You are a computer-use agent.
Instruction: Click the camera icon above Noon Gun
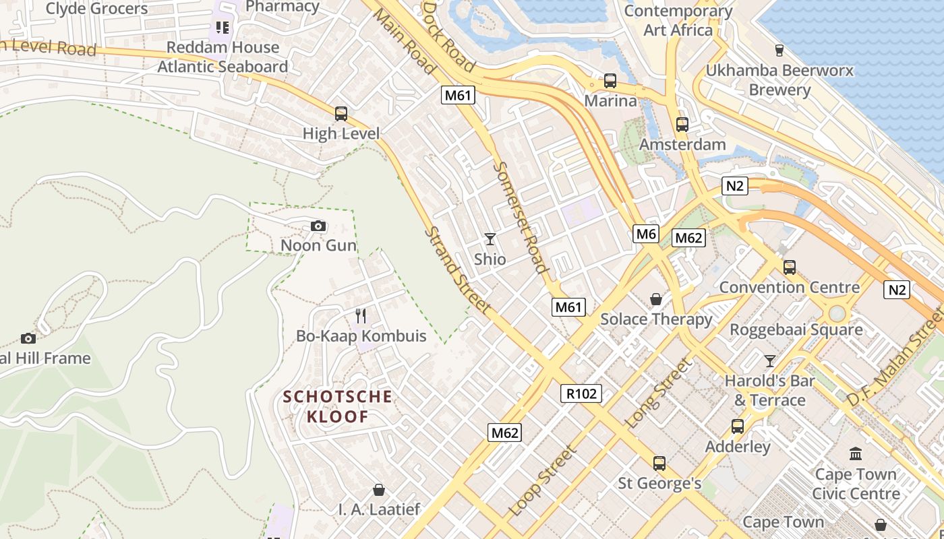tap(318, 226)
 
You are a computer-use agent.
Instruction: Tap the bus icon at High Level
tap(341, 114)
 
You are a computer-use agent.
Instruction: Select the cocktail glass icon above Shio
tap(490, 239)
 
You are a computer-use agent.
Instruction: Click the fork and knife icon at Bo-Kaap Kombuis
tap(361, 315)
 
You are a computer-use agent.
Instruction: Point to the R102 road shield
tap(581, 393)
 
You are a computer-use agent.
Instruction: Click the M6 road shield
tap(645, 234)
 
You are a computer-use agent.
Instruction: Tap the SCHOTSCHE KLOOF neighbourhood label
tap(338, 406)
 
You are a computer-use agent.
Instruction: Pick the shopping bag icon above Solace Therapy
tap(655, 299)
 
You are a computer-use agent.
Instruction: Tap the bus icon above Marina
tap(610, 81)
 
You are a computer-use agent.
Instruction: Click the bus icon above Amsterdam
tap(682, 125)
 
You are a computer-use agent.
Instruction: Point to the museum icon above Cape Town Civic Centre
tap(856, 454)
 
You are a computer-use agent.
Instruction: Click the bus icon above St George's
tap(659, 464)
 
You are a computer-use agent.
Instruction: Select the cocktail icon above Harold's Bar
tap(769, 360)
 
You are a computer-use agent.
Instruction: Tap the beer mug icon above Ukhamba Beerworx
tap(779, 50)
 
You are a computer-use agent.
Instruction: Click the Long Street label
tap(658, 394)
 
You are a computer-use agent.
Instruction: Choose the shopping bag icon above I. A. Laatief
tap(379, 490)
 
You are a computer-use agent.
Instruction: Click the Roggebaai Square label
tap(796, 330)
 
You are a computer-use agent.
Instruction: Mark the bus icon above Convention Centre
tap(790, 267)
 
